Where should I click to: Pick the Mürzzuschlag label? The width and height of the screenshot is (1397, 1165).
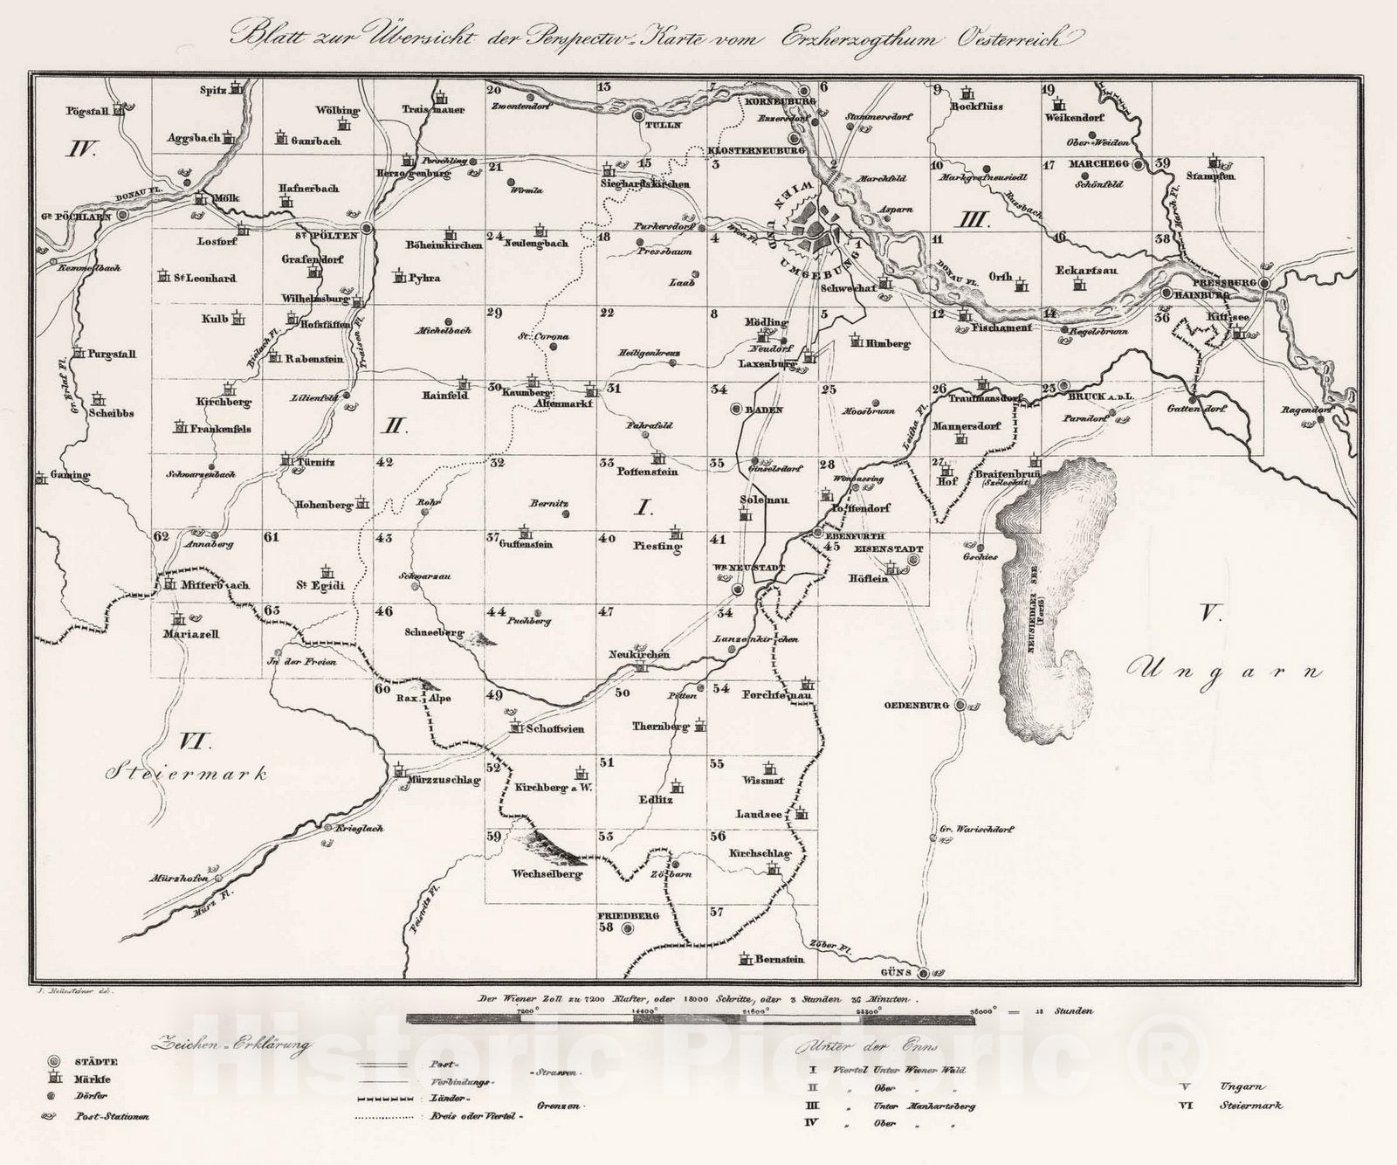(444, 781)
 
